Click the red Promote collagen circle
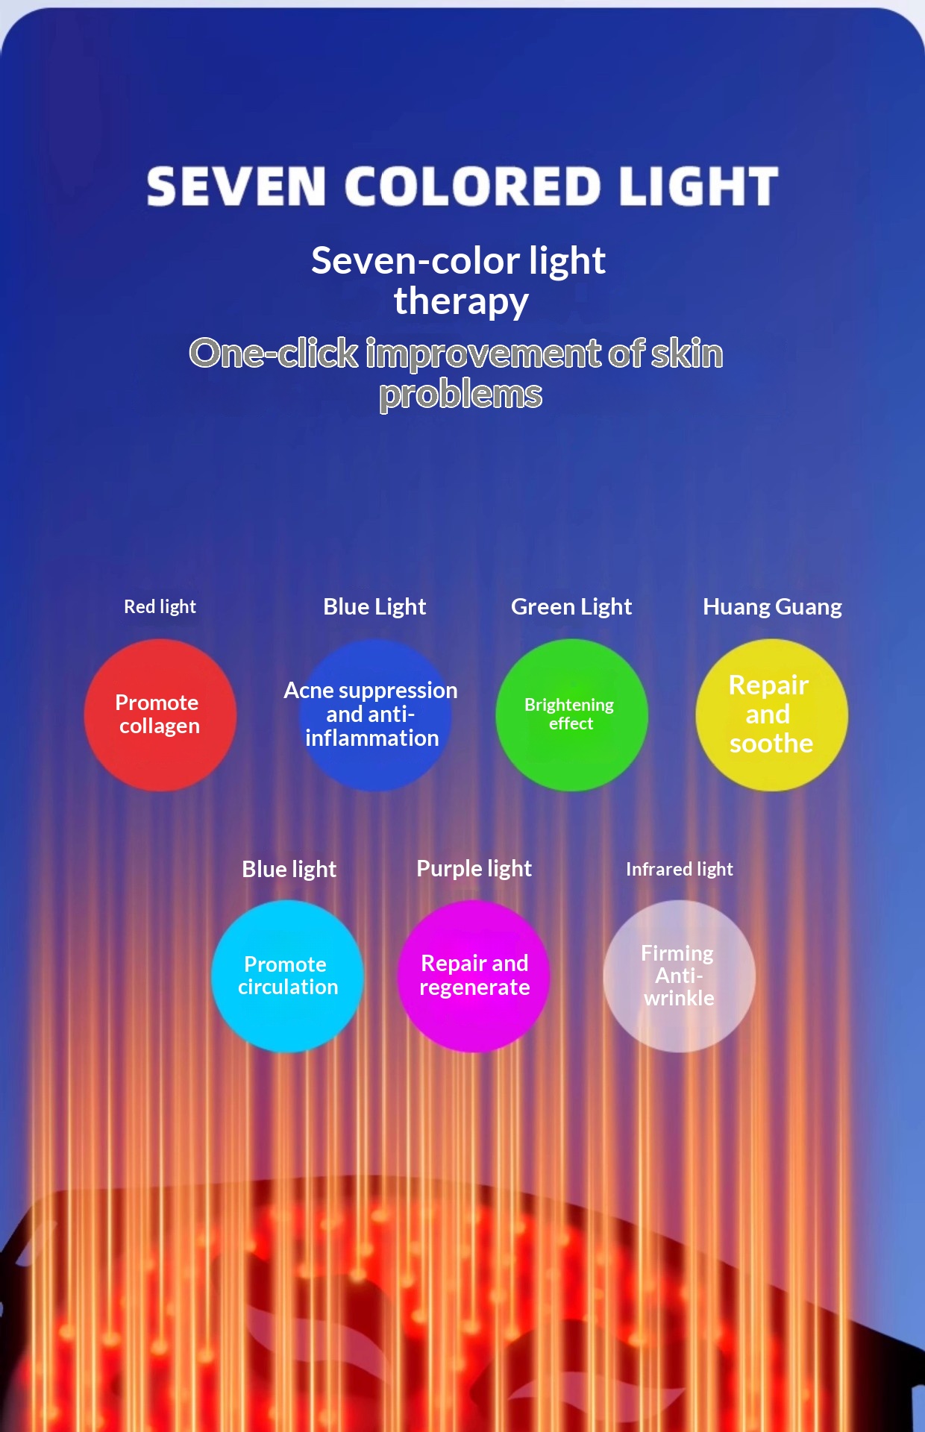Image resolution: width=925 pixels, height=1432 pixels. [x=160, y=715]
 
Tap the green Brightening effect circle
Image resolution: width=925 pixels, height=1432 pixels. [x=571, y=715]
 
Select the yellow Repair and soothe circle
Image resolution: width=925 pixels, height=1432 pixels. [x=771, y=715]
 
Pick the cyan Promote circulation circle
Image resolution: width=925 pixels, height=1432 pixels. [x=287, y=976]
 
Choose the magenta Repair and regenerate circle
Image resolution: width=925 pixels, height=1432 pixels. [x=474, y=976]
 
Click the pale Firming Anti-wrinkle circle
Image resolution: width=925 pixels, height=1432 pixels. [x=679, y=976]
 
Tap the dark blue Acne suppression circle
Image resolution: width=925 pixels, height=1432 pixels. [x=374, y=715]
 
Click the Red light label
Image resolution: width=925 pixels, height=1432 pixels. [x=160, y=606]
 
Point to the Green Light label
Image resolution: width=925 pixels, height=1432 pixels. [x=571, y=606]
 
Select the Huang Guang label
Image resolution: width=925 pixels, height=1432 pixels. [x=772, y=606]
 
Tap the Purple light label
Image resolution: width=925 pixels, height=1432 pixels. [x=474, y=868]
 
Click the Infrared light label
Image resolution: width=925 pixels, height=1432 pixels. [x=679, y=869]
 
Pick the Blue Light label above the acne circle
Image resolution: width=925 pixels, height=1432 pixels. [x=374, y=606]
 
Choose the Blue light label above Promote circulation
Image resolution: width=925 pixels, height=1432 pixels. [x=289, y=869]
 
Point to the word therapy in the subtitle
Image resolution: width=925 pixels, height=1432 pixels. [x=461, y=301]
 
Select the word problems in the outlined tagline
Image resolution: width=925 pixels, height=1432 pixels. [x=460, y=394]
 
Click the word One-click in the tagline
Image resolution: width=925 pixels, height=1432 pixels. [x=274, y=353]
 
